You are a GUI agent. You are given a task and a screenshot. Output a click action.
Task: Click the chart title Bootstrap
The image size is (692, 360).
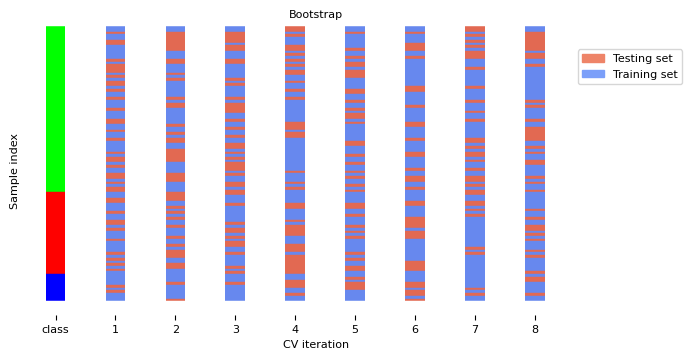315,14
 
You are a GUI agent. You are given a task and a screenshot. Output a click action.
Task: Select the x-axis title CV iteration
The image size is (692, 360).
315,344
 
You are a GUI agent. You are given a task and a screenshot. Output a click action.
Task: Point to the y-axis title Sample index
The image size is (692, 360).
14,171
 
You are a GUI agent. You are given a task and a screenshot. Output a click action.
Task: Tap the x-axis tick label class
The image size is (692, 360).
55,329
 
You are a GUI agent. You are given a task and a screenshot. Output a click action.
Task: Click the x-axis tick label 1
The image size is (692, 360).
115,329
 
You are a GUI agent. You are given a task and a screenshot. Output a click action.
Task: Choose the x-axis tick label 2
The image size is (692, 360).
175,329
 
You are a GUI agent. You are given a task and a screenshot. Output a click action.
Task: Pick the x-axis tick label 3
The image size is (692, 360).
235,329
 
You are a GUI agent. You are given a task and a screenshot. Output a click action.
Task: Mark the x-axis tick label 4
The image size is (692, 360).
295,329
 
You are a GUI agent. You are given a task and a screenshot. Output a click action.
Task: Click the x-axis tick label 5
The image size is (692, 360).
355,329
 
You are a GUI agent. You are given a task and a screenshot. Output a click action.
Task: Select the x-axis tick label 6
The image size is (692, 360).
415,329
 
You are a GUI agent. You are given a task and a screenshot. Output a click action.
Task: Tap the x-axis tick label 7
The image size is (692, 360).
475,329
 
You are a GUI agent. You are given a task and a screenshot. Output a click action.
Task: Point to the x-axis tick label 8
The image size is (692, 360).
535,329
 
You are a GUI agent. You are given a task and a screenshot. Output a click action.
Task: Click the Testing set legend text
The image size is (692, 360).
642,59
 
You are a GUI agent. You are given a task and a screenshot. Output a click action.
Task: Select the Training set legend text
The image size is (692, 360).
644,75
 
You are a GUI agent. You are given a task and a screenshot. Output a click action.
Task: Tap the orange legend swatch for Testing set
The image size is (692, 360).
593,59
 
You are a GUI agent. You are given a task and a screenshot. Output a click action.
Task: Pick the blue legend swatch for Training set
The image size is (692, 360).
593,75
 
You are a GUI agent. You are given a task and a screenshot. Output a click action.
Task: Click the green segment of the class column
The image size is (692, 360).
55,109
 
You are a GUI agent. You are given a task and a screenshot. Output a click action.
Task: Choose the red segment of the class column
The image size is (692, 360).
55,232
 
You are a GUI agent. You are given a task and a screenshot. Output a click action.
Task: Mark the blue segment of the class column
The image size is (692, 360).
55,287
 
